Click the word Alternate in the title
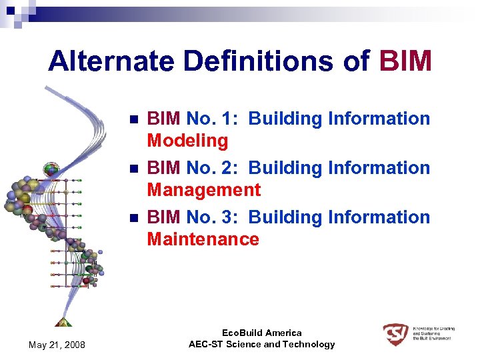(x=111, y=61)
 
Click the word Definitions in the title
(x=259, y=61)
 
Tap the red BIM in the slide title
(x=405, y=61)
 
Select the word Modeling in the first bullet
(x=187, y=141)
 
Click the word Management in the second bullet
(x=203, y=190)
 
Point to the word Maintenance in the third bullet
(x=203, y=239)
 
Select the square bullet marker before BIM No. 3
(x=133, y=218)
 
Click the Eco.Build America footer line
(x=261, y=333)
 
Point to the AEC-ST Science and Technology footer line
(x=261, y=344)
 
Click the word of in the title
(x=356, y=61)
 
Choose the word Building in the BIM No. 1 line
(x=285, y=119)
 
